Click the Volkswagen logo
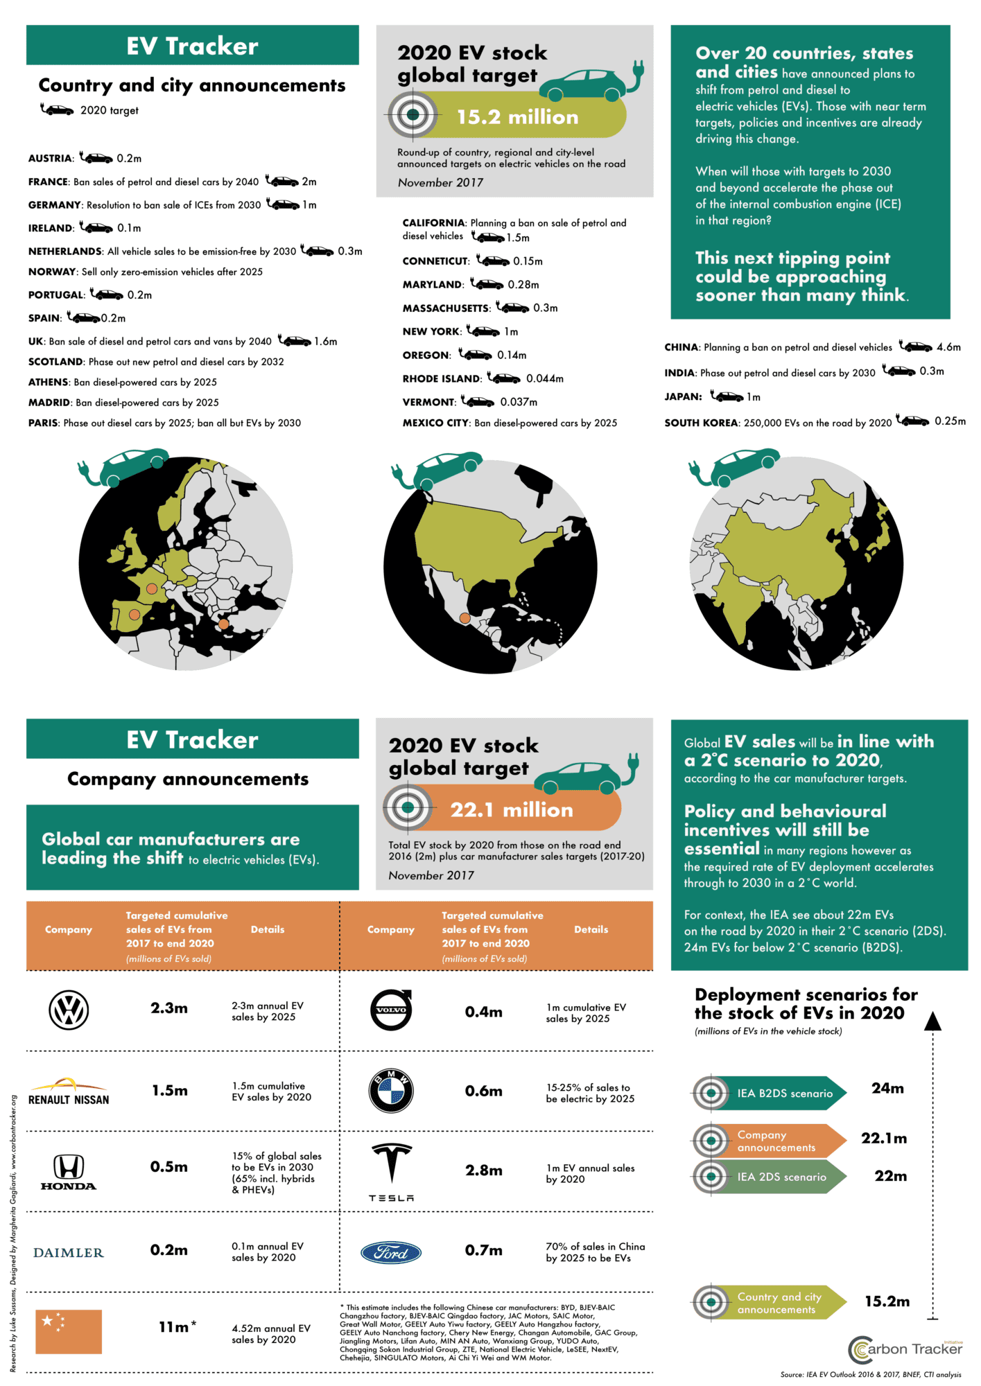69,1010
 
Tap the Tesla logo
392,1171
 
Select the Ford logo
392,1252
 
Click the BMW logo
391,1091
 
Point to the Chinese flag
69,1331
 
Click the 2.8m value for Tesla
483,1170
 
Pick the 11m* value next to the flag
177,1327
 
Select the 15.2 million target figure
517,117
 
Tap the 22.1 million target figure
512,809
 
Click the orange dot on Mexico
465,618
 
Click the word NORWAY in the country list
52,272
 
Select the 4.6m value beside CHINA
948,347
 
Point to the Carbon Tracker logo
905,1349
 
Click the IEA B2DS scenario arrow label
784,1094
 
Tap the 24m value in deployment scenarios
887,1089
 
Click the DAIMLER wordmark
69,1253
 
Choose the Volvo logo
391,1010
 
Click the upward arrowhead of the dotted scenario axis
933,1021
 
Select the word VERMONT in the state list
428,402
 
